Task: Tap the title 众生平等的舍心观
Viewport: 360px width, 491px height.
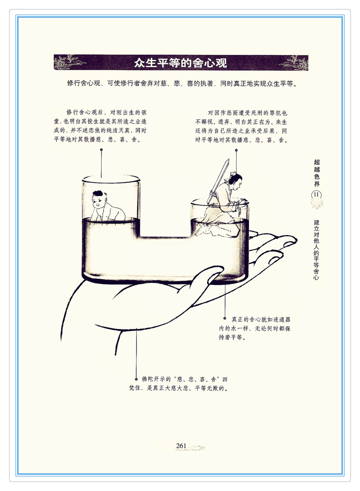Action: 181,63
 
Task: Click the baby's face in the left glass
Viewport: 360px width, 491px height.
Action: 99,202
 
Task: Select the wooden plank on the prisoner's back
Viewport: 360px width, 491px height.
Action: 218,181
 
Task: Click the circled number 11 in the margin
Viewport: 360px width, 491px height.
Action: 316,195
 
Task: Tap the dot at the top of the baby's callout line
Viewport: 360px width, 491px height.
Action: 101,150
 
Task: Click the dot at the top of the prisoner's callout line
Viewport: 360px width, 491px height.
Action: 236,150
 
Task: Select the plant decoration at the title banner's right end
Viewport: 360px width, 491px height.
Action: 294,63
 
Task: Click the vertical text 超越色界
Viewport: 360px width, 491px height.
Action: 317,173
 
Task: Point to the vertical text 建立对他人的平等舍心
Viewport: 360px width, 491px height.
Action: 316,250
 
